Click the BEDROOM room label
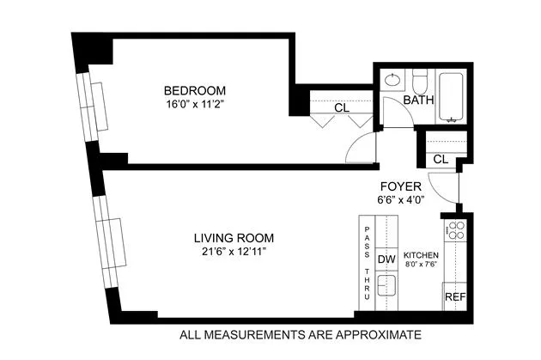[195, 91]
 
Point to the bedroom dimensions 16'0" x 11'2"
[195, 106]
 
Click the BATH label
[419, 100]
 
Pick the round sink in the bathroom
[392, 81]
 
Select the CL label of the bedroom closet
[341, 107]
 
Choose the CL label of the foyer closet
[441, 159]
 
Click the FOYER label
[399, 186]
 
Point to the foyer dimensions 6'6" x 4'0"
[399, 199]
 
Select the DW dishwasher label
[386, 258]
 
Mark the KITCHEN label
[422, 256]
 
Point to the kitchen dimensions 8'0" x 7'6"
[422, 265]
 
